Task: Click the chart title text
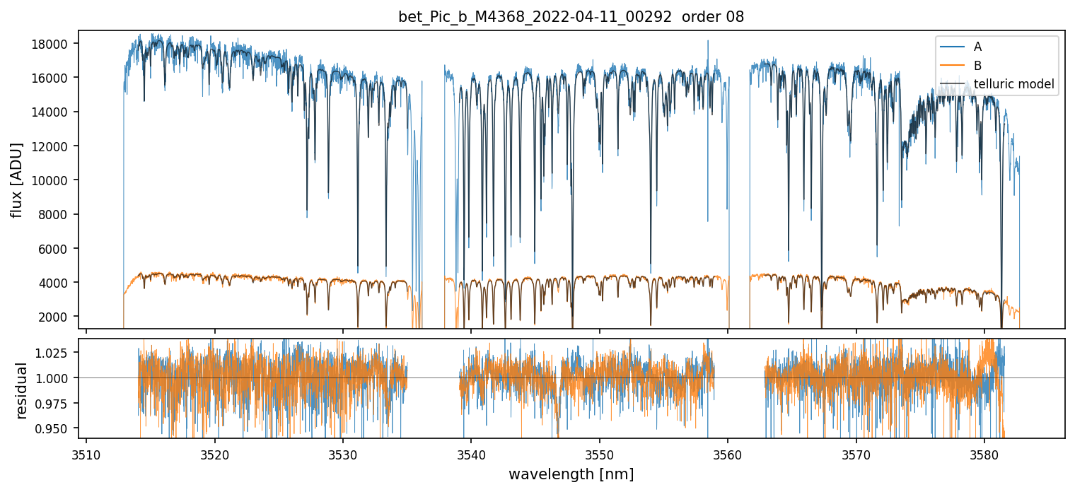tap(571, 17)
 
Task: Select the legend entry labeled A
tap(977, 47)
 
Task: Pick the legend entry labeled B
tap(977, 66)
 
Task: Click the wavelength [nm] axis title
tap(571, 474)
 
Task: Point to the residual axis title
tap(22, 390)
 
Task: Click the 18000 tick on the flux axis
tap(50, 44)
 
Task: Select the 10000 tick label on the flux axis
tap(50, 180)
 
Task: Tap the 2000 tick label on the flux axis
tap(53, 317)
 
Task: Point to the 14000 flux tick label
tap(50, 112)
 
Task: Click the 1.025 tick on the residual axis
tap(54, 352)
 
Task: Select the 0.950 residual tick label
tap(54, 428)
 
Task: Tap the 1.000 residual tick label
tap(54, 377)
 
